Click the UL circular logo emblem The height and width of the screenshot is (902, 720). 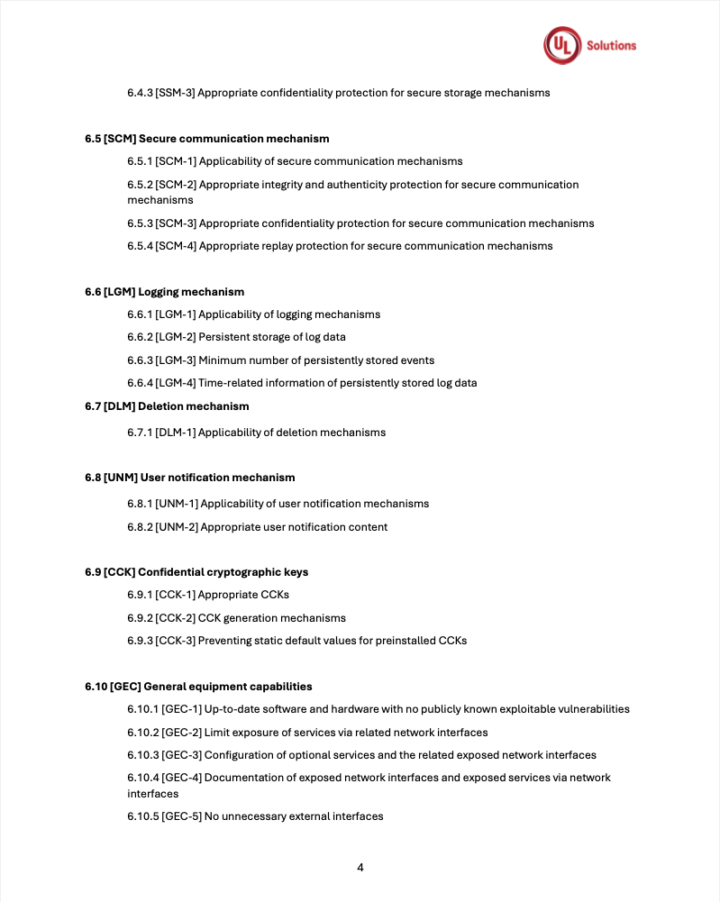click(561, 45)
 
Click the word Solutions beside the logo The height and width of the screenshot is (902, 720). click(611, 46)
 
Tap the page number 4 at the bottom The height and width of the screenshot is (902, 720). click(360, 868)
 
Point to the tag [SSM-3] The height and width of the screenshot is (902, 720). click(175, 93)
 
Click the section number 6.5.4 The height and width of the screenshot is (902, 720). click(140, 246)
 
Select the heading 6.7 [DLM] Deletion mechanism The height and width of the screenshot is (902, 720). click(168, 406)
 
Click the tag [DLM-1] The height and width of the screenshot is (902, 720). click(175, 433)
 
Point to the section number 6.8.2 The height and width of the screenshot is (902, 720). click(140, 527)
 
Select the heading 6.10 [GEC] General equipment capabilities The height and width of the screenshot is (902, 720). click(199, 687)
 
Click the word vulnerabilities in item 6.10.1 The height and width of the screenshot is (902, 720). click(594, 709)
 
